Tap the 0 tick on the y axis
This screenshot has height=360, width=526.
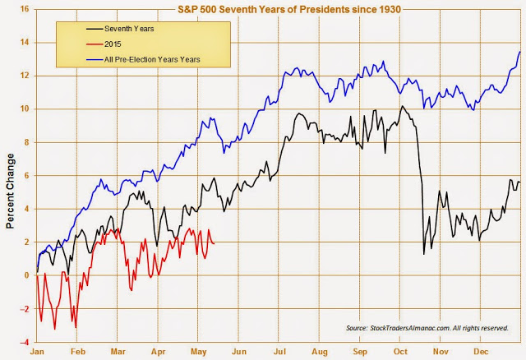26,275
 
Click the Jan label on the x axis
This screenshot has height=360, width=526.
37,352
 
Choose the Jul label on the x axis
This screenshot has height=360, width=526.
280,352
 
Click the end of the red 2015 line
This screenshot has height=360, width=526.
215,243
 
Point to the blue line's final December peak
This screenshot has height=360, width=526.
519,52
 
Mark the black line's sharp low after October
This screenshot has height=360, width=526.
423,254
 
